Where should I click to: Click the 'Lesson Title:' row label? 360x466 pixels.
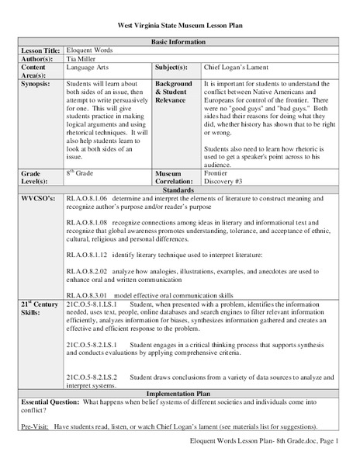pos(41,50)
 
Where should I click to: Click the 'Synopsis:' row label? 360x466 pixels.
pos(37,82)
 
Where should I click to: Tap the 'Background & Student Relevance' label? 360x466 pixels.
pos(175,90)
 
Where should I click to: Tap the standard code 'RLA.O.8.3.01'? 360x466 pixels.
pos(87,295)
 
